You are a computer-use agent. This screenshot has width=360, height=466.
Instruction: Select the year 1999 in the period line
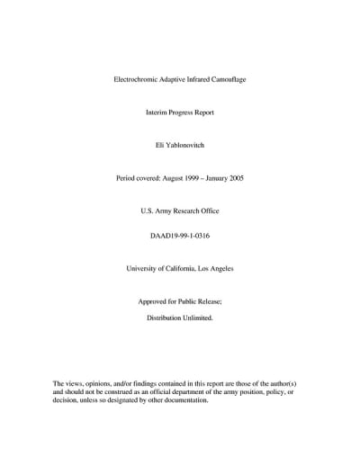[x=200, y=178]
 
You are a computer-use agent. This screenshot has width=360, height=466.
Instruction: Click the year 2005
[x=236, y=178]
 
